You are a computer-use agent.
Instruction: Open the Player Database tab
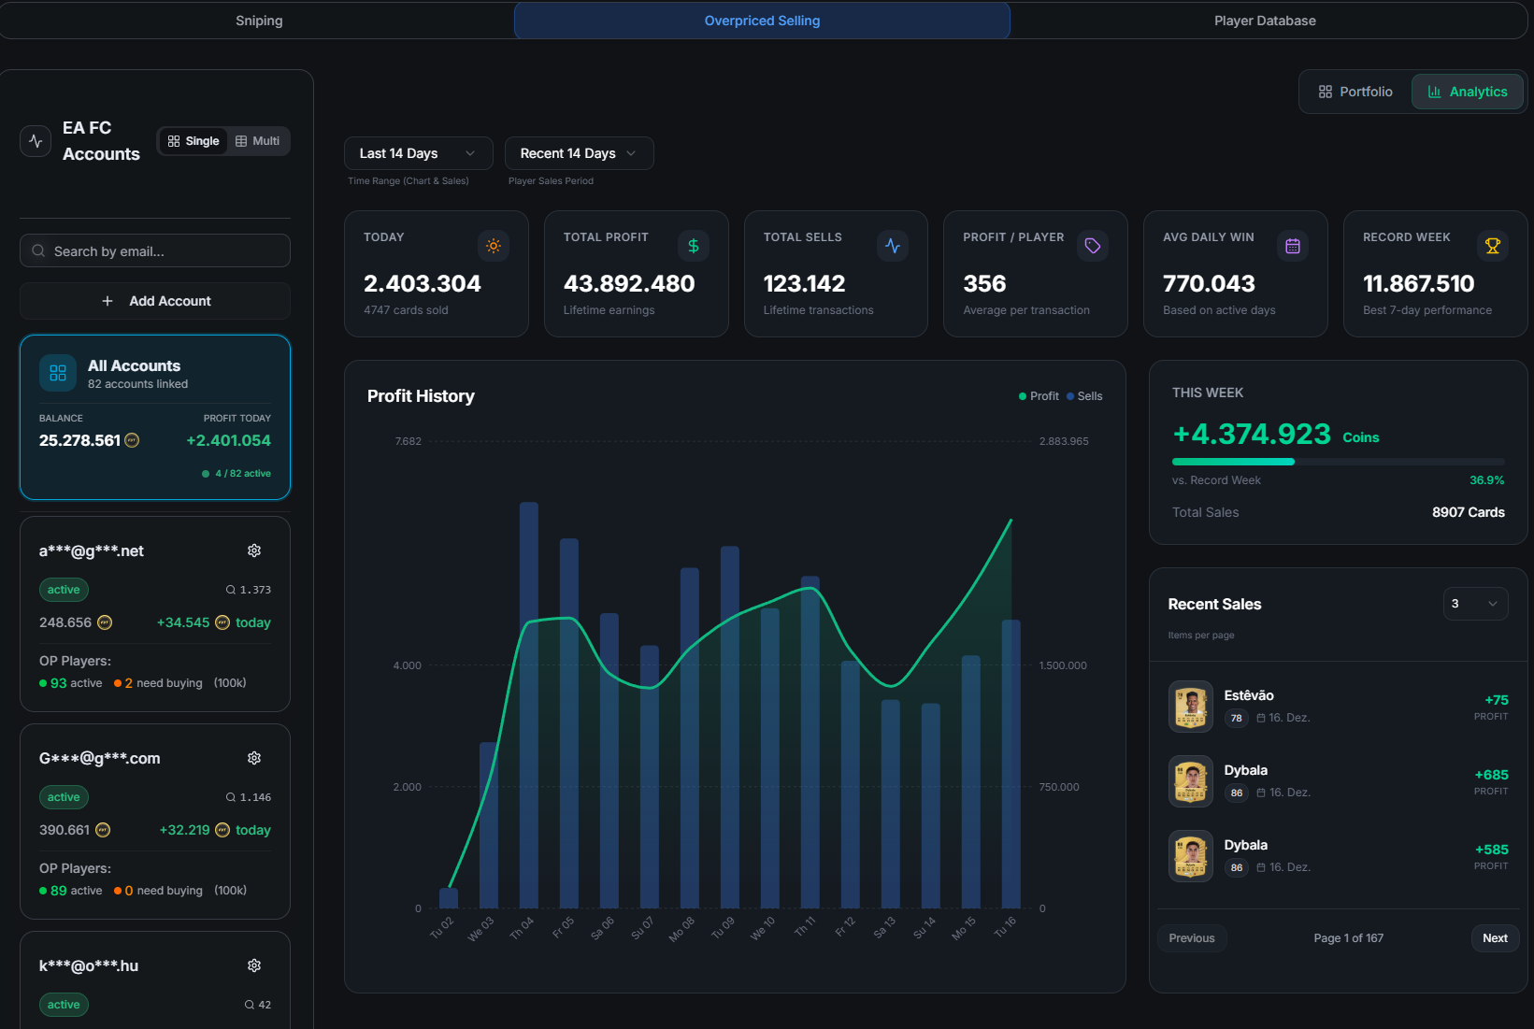coord(1265,21)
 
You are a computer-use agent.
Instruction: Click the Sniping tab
coord(259,21)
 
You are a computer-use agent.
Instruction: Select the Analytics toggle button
coord(1467,92)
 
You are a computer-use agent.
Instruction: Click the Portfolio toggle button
coord(1355,92)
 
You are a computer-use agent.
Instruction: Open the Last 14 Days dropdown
coord(418,153)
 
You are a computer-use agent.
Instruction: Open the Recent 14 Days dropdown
coord(579,153)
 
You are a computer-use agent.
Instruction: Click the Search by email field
coord(155,251)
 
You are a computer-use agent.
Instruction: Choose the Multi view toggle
coord(258,141)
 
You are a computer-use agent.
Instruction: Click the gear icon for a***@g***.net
coord(254,550)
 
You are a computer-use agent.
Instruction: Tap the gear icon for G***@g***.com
coord(254,758)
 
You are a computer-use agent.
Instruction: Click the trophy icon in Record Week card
coord(1492,246)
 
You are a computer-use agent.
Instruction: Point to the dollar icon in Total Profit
coord(694,246)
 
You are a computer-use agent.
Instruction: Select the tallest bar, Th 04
coord(529,705)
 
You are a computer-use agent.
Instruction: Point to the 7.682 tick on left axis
coord(409,441)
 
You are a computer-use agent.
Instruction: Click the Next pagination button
coord(1495,938)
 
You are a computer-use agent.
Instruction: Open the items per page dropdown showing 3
coord(1475,604)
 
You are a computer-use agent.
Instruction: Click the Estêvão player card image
coord(1191,707)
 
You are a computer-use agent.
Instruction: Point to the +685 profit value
coord(1491,775)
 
